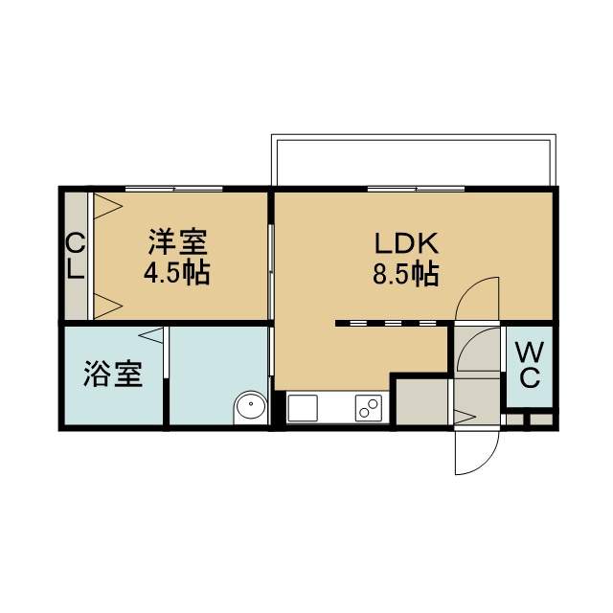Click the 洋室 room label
178,242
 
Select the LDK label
406,243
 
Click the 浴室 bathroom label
113,374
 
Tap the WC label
530,364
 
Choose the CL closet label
75,256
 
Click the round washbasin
251,405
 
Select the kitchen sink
303,408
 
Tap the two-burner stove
368,408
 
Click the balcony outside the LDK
414,160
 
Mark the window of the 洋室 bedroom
174,189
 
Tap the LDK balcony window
416,189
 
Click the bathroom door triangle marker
151,335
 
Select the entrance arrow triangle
465,417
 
